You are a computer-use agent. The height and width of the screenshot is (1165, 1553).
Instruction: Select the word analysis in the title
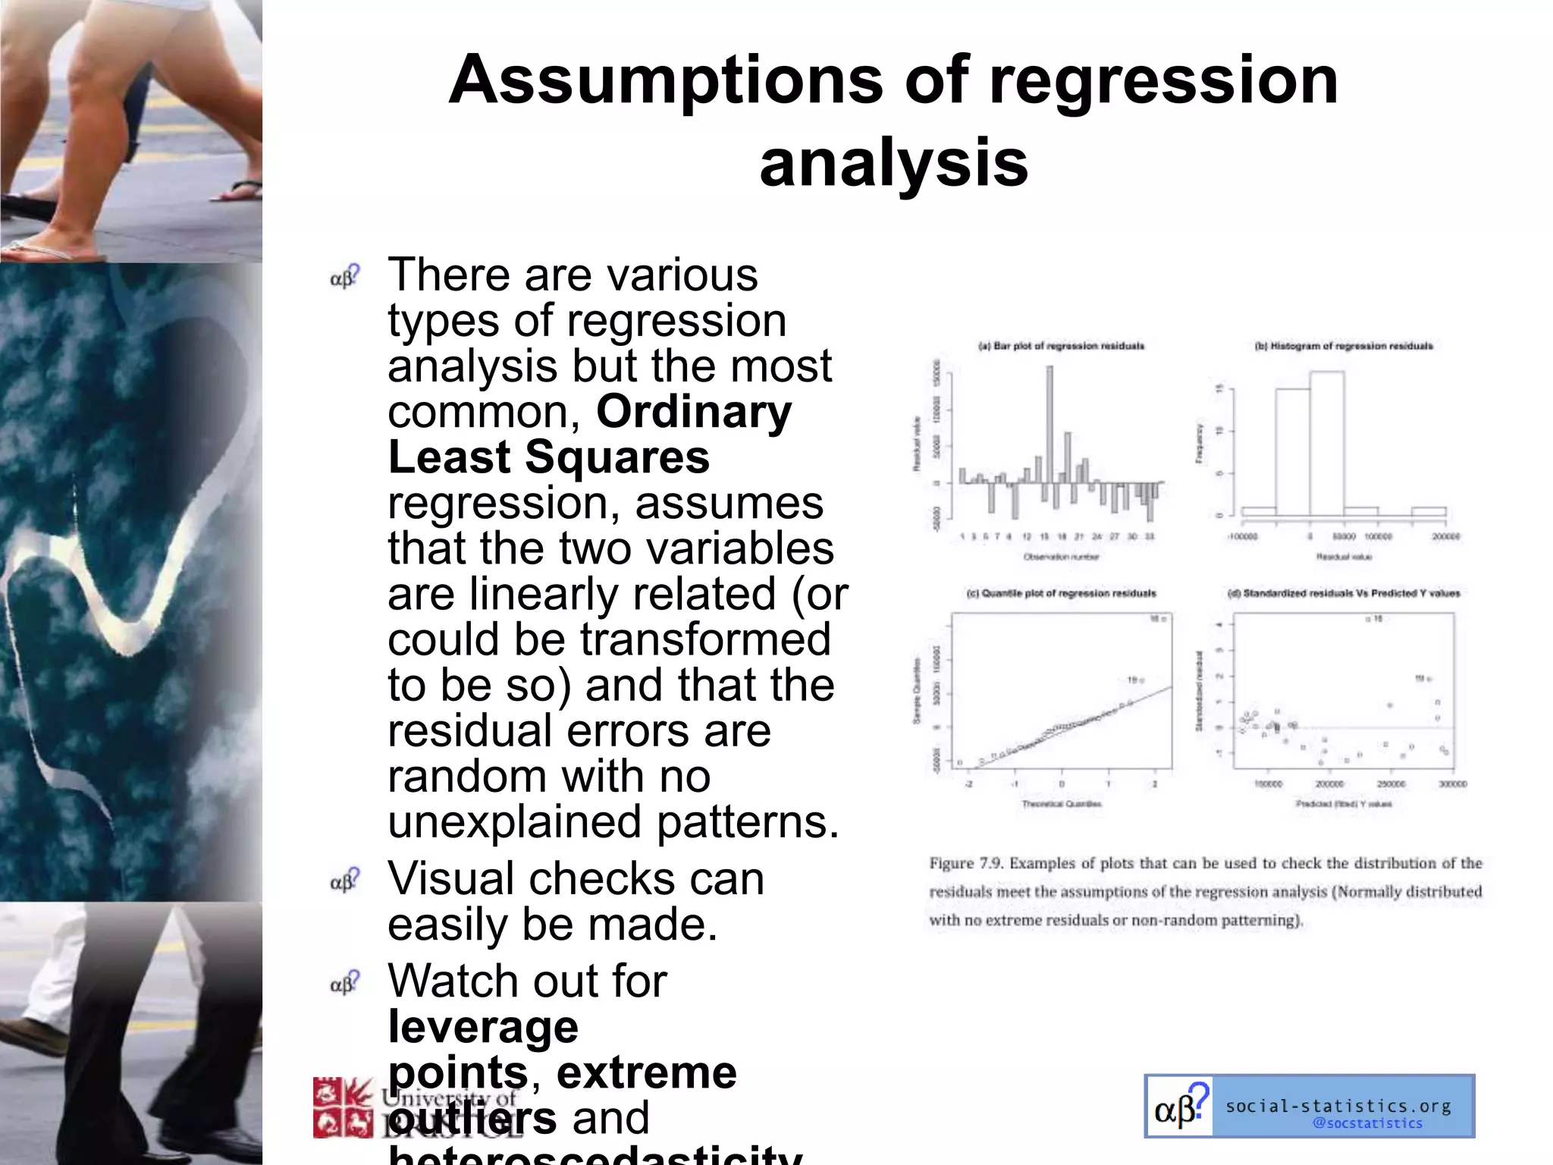pos(893,163)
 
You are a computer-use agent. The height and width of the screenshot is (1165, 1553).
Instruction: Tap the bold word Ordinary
pos(694,412)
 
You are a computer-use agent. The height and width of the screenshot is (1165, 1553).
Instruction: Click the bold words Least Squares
pos(548,457)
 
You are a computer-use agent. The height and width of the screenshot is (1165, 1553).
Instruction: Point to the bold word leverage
pos(483,1027)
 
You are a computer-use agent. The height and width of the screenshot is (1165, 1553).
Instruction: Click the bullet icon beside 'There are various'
pos(345,277)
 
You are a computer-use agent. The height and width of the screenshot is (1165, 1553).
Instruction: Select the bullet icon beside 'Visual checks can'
pos(345,881)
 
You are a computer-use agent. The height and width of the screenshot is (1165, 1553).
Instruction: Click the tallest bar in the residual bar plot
pos(1049,425)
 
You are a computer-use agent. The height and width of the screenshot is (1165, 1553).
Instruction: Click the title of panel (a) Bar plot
pos(1061,346)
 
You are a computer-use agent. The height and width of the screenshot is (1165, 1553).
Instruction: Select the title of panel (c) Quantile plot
pos(1061,593)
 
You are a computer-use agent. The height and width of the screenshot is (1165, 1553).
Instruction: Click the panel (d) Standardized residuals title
pos(1343,593)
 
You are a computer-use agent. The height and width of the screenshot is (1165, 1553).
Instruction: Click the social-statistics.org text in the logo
pos(1338,1106)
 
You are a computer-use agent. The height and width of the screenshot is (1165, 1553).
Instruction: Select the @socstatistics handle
pos(1367,1123)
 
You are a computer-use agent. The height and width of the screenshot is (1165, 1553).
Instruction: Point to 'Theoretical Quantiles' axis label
pos(1061,804)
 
